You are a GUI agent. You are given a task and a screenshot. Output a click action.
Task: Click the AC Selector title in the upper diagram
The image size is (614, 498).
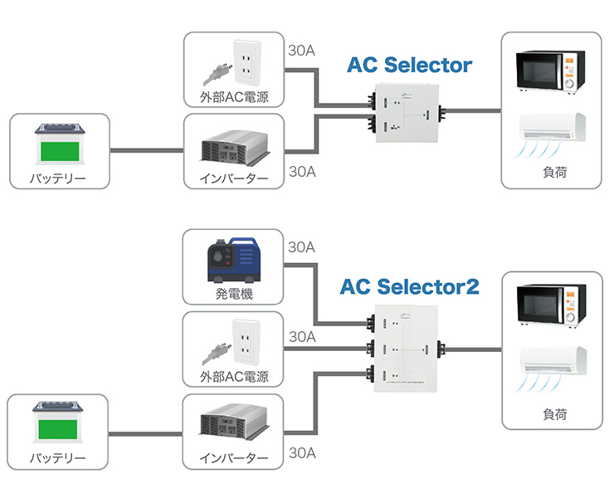click(x=409, y=65)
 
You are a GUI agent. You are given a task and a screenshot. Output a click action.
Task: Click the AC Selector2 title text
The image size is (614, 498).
click(x=410, y=287)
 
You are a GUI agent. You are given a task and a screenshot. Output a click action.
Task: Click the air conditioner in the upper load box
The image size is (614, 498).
click(x=552, y=131)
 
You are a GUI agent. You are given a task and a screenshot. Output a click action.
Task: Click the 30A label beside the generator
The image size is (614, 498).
click(x=300, y=247)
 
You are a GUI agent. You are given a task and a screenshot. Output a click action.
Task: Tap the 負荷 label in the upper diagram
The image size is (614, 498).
click(x=554, y=173)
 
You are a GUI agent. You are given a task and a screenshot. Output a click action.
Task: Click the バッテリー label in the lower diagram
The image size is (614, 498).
click(x=58, y=458)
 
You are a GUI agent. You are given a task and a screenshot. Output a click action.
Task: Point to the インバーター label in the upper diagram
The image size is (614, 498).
click(x=234, y=178)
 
